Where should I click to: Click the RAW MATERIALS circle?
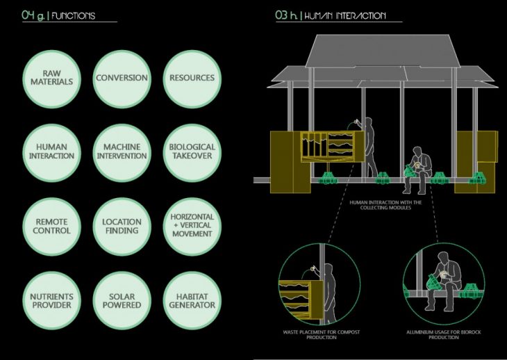pyautogui.click(x=53, y=78)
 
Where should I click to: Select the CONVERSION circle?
pyautogui.click(x=121, y=78)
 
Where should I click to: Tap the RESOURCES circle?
pyautogui.click(x=192, y=78)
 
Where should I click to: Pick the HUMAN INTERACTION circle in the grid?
pyautogui.click(x=53, y=151)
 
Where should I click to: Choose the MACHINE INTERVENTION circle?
pyautogui.click(x=121, y=151)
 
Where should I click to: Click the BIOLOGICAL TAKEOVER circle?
pyautogui.click(x=192, y=151)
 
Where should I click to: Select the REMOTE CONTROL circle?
pyautogui.click(x=53, y=225)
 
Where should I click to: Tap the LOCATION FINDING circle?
pyautogui.click(x=121, y=225)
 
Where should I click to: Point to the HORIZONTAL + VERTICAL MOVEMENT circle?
pyautogui.click(x=192, y=225)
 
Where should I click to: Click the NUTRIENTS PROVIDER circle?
pyautogui.click(x=53, y=300)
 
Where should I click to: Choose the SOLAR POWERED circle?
pyautogui.click(x=121, y=300)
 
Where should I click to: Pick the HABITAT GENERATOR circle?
pyautogui.click(x=192, y=300)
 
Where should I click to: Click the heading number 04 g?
pyautogui.click(x=33, y=15)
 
